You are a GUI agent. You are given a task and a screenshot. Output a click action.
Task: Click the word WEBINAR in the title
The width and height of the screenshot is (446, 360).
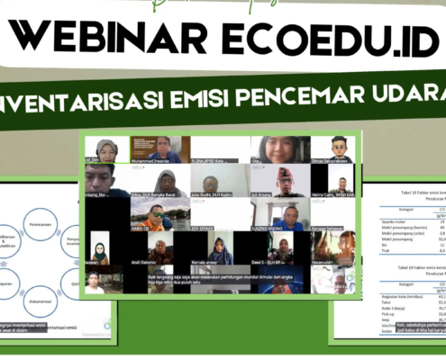click(x=99, y=38)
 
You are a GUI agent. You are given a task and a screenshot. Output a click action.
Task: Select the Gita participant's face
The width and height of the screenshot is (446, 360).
click(x=270, y=146)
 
